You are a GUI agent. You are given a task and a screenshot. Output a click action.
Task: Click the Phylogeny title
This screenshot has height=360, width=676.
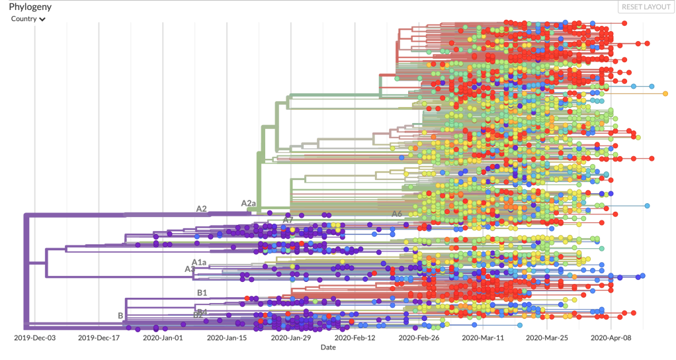pyautogui.click(x=30, y=7)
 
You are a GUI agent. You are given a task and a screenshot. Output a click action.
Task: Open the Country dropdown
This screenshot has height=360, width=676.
pyautogui.click(x=28, y=19)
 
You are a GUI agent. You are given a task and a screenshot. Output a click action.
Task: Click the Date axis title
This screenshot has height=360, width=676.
pyautogui.click(x=328, y=347)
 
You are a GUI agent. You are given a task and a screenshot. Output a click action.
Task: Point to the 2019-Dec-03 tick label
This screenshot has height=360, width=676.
pyautogui.click(x=35, y=337)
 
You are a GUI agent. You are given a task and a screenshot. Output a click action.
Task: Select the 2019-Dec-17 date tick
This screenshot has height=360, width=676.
pyautogui.click(x=99, y=337)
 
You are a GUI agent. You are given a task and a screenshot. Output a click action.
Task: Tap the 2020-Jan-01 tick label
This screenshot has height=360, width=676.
pyautogui.click(x=163, y=337)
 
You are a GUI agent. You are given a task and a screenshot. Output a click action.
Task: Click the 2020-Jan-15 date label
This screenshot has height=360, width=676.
pyautogui.click(x=227, y=337)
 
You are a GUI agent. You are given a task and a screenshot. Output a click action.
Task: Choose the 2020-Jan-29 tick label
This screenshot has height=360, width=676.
pyautogui.click(x=291, y=337)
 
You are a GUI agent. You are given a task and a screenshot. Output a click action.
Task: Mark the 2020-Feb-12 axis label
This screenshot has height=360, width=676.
pyautogui.click(x=355, y=337)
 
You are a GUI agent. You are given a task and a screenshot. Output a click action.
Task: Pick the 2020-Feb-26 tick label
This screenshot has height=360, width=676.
pyautogui.click(x=419, y=337)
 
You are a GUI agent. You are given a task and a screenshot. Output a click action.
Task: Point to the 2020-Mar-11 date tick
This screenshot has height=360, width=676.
pyautogui.click(x=483, y=337)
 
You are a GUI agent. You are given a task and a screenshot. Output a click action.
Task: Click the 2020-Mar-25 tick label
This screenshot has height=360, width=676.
pyautogui.click(x=547, y=337)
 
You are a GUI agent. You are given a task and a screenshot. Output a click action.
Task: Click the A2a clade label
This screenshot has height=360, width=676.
pyautogui.click(x=248, y=203)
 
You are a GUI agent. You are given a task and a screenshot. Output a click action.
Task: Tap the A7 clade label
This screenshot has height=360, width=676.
pyautogui.click(x=288, y=219)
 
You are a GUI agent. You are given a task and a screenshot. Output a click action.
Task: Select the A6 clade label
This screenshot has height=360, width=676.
pyautogui.click(x=397, y=214)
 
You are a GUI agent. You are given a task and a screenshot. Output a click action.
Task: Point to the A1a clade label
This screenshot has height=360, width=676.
pyautogui.click(x=199, y=262)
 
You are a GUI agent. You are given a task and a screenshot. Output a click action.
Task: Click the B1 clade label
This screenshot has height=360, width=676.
pyautogui.click(x=202, y=292)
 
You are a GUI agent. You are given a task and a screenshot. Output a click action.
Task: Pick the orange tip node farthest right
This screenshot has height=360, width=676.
pyautogui.click(x=665, y=93)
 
